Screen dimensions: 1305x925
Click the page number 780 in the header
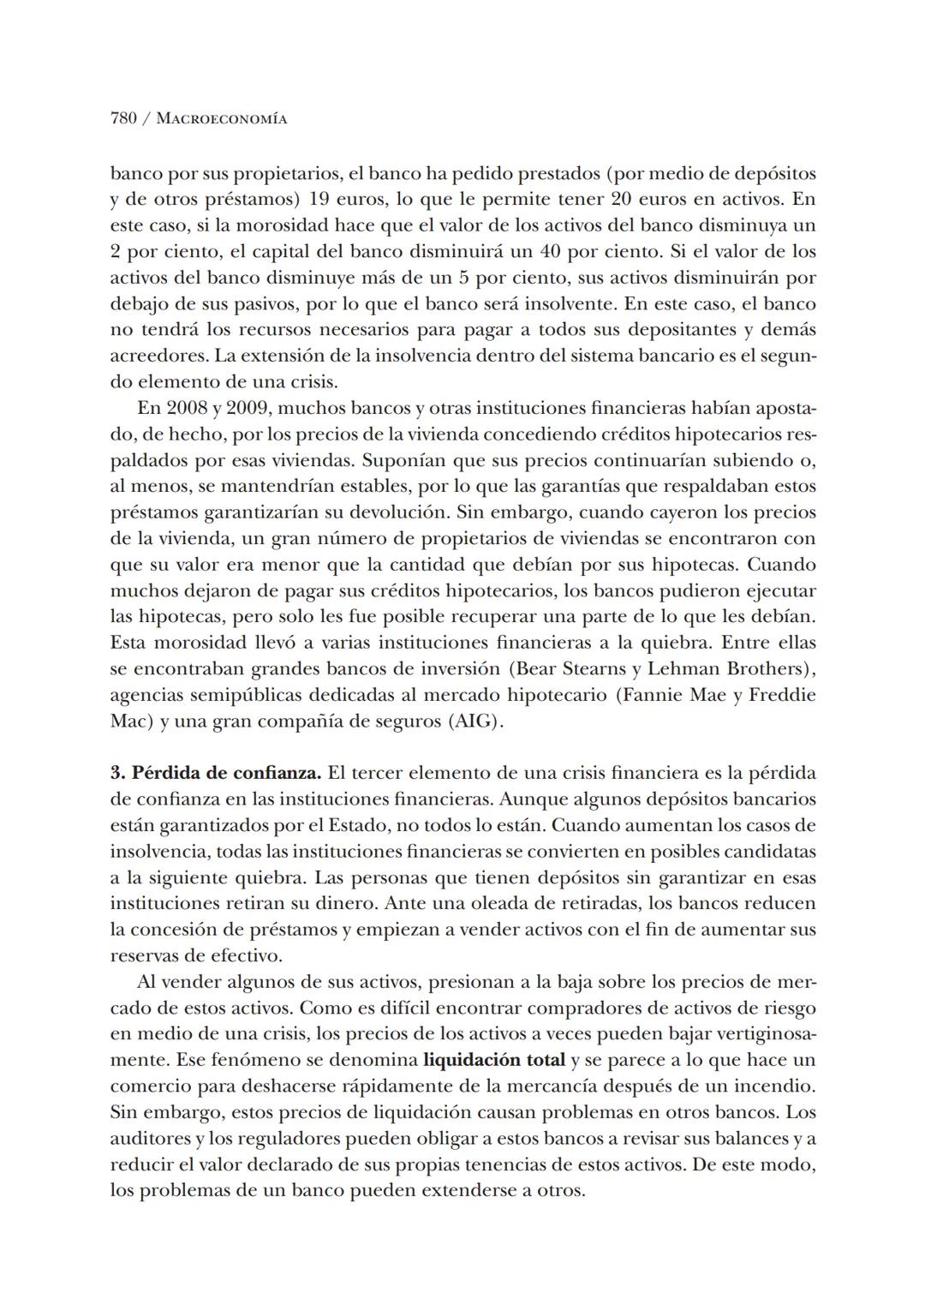123,119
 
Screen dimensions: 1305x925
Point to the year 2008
187,408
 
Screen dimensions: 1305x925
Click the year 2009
248,408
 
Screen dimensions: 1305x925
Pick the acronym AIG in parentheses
473,721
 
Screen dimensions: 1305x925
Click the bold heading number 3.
116,773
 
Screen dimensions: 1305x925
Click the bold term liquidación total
494,1060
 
